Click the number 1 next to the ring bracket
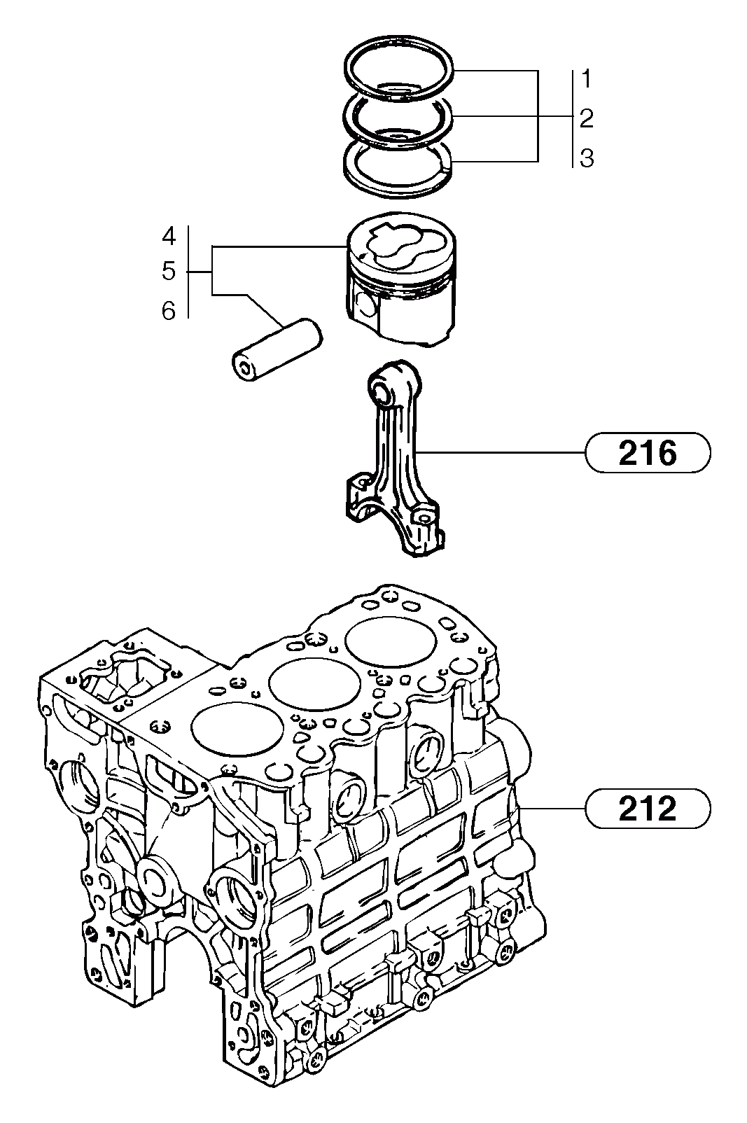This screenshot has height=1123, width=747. [587, 79]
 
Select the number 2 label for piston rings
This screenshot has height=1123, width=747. [587, 118]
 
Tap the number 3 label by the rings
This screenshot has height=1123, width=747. [587, 158]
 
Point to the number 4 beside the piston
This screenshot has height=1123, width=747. [169, 236]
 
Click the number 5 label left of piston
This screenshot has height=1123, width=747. [169, 271]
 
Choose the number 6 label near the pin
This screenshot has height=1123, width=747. [169, 310]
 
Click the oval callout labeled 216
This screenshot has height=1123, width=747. [647, 454]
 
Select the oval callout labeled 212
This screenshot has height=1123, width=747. [647, 809]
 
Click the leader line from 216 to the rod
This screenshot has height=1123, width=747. [504, 454]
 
